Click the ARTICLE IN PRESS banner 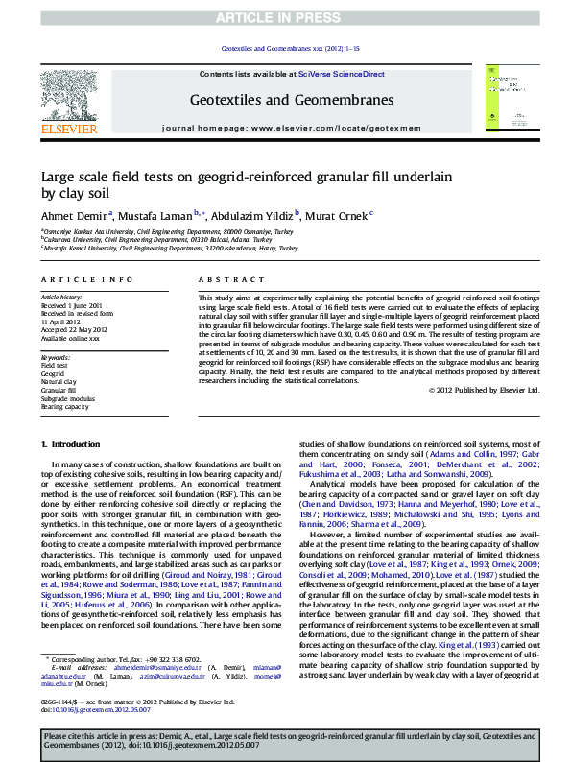[285, 18]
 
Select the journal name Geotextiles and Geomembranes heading [292, 100]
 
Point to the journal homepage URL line [292, 127]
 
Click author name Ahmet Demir [73, 214]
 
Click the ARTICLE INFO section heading [86, 279]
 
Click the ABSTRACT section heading [222, 279]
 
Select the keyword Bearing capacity [65, 406]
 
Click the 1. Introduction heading [73, 445]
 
